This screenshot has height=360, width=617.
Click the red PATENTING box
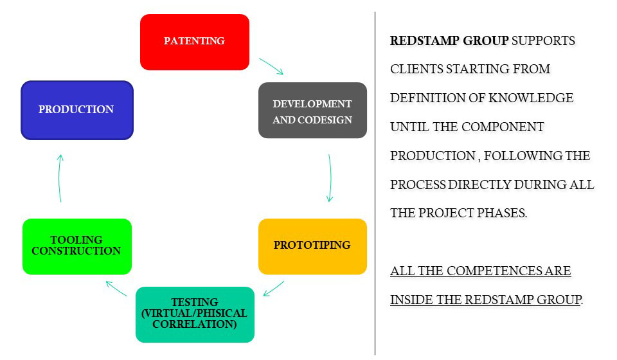(x=194, y=42)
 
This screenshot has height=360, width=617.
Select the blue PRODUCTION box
(x=76, y=110)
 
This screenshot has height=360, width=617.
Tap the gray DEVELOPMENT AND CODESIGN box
(x=312, y=111)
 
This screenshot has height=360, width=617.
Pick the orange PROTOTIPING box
(x=312, y=246)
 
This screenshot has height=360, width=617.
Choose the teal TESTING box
(x=195, y=314)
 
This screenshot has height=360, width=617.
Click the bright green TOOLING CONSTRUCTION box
(x=76, y=246)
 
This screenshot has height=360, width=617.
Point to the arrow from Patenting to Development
(x=271, y=66)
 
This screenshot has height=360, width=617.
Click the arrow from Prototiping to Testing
(x=274, y=288)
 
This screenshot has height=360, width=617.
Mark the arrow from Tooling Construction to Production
(x=60, y=178)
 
